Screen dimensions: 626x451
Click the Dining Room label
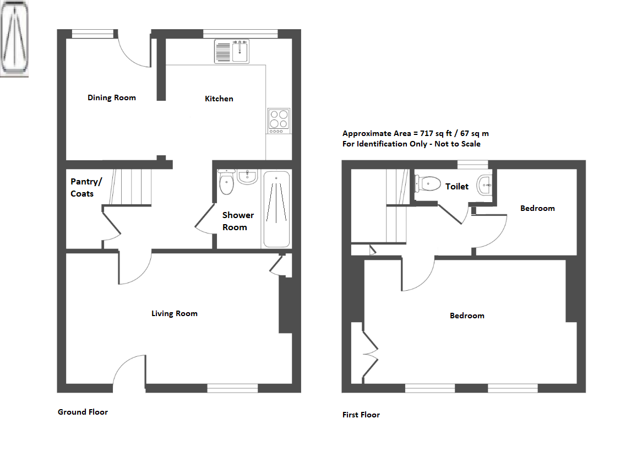tap(112, 97)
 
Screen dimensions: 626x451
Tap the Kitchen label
tap(219, 99)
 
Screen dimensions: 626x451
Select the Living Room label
tap(175, 313)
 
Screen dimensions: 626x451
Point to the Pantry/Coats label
tap(86, 187)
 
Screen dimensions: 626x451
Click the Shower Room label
tap(238, 221)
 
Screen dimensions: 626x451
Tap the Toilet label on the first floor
tap(457, 187)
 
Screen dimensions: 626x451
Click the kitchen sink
tap(232, 52)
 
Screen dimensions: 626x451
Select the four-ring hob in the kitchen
tap(279, 121)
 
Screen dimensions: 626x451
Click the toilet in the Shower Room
tap(226, 182)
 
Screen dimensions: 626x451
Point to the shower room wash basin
tap(248, 177)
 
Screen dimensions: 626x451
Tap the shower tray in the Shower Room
tap(276, 209)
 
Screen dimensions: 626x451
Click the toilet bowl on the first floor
tap(428, 184)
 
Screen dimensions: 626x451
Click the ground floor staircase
tap(130, 187)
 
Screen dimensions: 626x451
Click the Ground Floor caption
tap(83, 412)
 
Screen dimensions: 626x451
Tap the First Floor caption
tap(361, 415)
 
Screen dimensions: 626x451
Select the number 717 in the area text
tap(426, 133)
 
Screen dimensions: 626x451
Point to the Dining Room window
tap(92, 34)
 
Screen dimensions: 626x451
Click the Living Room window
tap(232, 388)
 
